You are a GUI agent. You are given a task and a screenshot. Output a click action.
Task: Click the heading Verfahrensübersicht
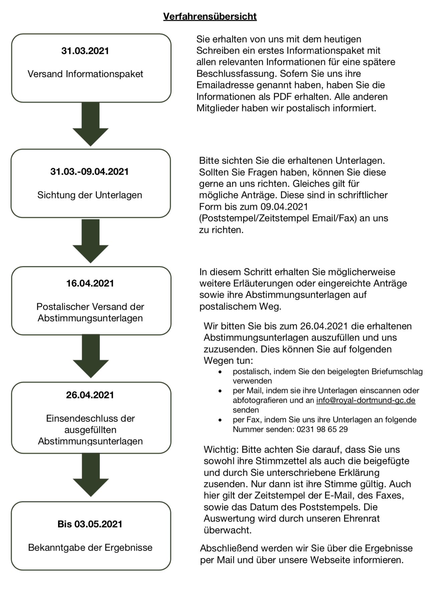(210, 16)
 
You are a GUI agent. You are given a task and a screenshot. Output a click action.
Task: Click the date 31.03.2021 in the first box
(85, 51)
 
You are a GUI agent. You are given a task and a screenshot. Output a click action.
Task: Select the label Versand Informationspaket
(85, 74)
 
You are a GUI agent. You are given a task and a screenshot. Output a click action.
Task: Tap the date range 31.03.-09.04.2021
(90, 172)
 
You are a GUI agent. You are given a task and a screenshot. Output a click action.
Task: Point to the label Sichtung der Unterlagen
(90, 195)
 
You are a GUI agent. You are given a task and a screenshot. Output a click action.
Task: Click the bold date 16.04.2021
(90, 283)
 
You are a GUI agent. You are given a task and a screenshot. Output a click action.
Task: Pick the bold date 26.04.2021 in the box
(90, 395)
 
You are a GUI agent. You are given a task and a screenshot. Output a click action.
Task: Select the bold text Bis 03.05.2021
(90, 524)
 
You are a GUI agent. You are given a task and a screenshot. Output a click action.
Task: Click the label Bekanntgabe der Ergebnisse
(90, 548)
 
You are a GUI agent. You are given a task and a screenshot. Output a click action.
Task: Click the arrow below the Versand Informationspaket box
(91, 124)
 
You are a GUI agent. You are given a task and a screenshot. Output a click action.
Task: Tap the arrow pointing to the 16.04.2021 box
(91, 241)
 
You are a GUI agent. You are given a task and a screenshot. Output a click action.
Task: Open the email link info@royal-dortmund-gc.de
(366, 400)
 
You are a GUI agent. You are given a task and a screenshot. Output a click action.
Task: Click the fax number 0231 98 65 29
(322, 429)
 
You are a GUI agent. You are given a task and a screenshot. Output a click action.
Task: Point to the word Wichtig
(220, 450)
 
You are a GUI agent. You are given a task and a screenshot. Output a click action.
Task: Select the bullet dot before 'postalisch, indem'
(220, 372)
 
